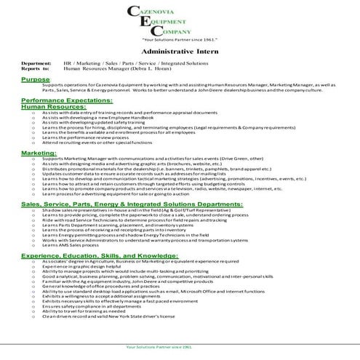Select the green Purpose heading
tap(36, 79)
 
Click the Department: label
tap(36, 63)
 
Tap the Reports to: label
tap(36, 68)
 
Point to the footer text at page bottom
tap(180, 348)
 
